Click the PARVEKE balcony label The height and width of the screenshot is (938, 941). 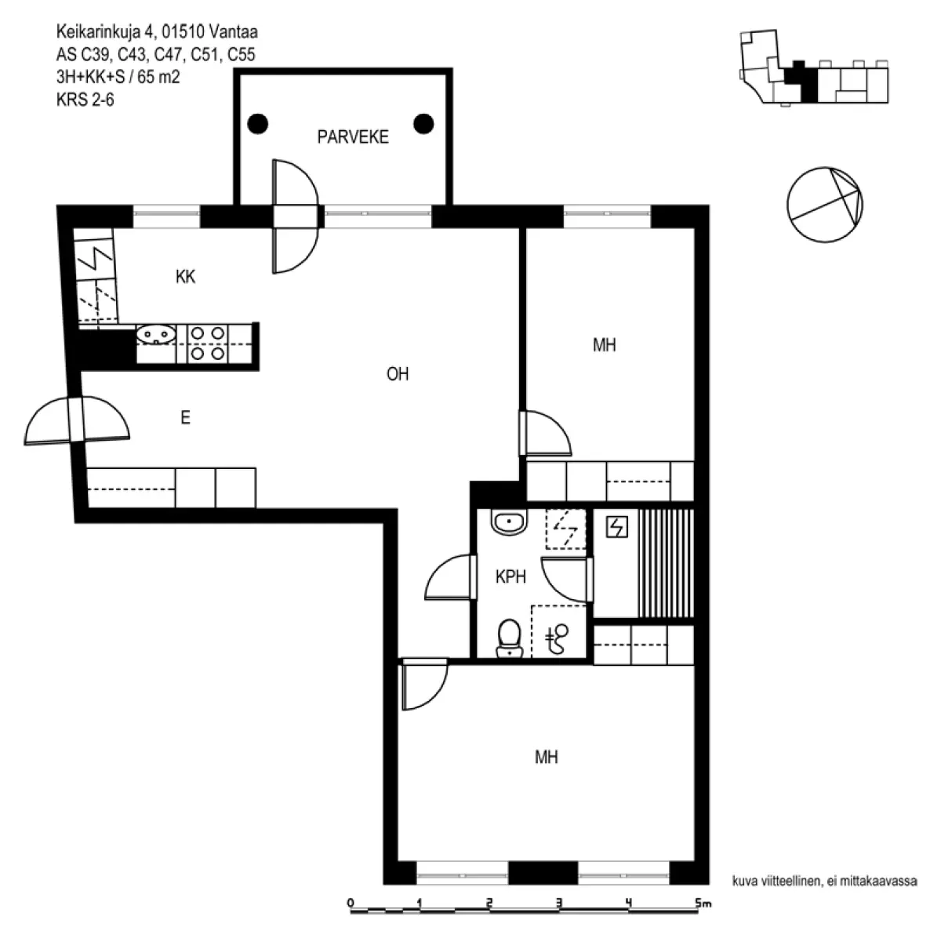pos(353,136)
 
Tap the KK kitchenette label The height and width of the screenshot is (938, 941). pos(185,277)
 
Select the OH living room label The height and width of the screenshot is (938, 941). pos(397,374)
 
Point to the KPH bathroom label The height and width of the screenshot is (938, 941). pos(510,576)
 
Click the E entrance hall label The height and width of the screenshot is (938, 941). pos(185,418)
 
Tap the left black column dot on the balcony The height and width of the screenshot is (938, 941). pos(257,124)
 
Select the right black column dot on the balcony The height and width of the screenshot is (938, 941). pos(423,124)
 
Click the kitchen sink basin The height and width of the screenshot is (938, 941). pos(156,335)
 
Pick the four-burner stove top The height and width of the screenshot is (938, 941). pos(207,343)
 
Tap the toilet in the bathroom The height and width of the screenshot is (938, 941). pos(510,638)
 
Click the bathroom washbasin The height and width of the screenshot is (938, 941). pos(510,522)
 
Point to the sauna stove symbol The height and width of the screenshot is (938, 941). pos(617,528)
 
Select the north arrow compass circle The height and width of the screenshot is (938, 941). pos(825,205)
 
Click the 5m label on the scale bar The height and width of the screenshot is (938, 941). pos(703,903)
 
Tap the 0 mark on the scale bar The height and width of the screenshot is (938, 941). pos(350,903)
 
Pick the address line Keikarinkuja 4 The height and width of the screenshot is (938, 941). pos(157,31)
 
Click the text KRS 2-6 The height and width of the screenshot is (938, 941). pos(85,100)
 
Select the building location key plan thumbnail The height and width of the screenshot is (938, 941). pos(814,67)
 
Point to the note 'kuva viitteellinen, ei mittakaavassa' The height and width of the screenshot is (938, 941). pos(824,881)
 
